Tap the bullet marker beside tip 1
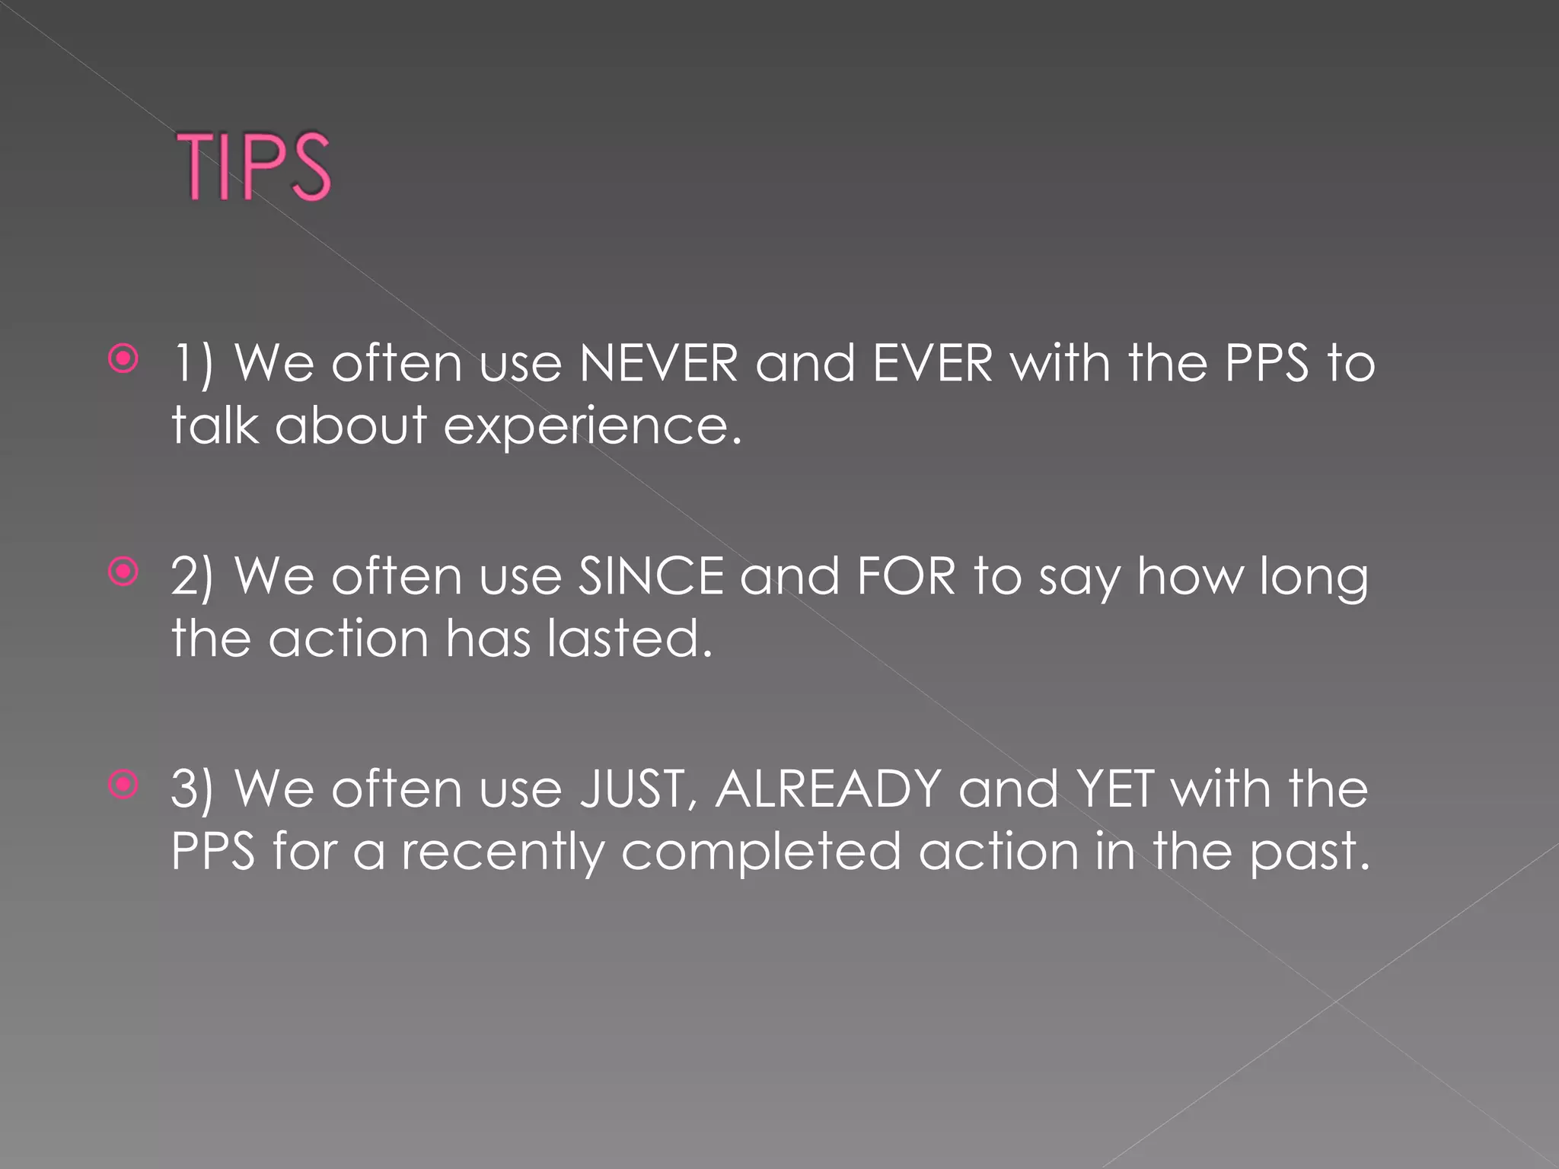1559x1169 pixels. coord(123,358)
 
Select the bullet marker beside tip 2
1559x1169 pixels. coord(123,572)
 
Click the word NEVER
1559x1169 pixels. coord(658,363)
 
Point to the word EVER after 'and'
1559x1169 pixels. coord(933,363)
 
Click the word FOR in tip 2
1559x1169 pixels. coord(906,576)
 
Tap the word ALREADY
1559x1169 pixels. coord(828,789)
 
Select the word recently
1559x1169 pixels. coord(502,852)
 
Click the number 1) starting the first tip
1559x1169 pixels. coord(193,363)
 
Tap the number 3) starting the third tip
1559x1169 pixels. coord(193,789)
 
